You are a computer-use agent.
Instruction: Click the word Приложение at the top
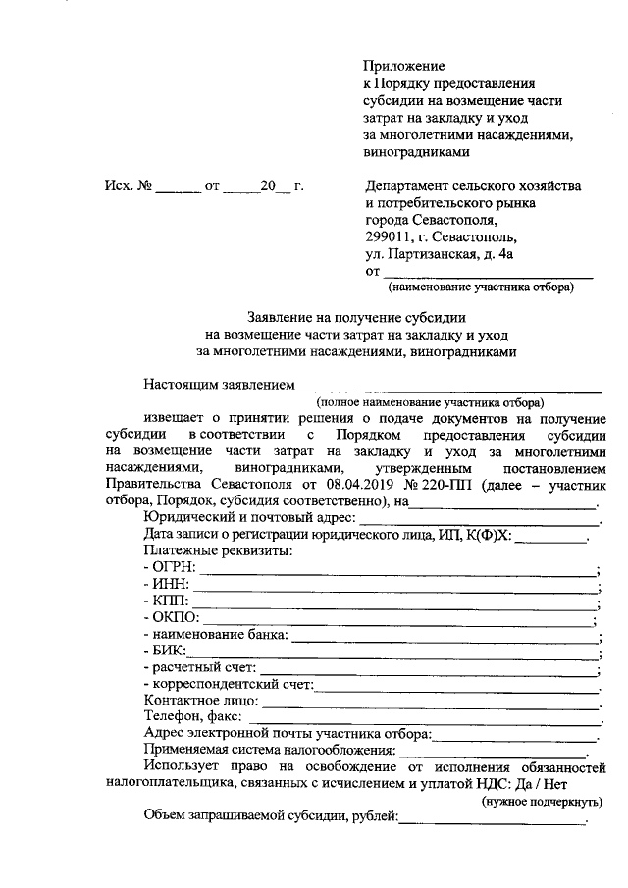tap(404, 64)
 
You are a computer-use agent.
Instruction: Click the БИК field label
tap(164, 651)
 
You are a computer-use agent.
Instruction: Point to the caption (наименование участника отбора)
tap(480, 287)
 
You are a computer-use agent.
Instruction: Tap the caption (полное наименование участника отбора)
tap(429, 402)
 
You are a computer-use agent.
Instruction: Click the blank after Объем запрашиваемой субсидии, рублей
tap(491, 817)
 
